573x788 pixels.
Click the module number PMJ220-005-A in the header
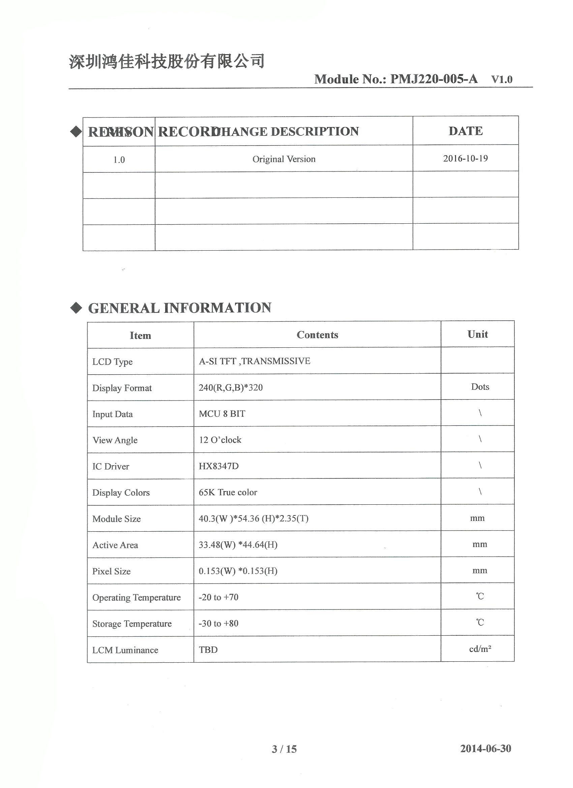point(433,79)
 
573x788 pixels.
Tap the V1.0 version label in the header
point(502,80)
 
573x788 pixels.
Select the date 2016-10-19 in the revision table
point(465,158)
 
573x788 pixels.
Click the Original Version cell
point(284,159)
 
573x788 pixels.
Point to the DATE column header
point(465,131)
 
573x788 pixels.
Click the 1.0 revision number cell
point(119,160)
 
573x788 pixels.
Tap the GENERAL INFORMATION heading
point(179,308)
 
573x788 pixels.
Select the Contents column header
point(317,335)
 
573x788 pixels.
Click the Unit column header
point(477,334)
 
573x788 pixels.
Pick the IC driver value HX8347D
point(219,466)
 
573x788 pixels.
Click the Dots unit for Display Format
point(480,387)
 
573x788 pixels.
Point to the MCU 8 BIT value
point(222,413)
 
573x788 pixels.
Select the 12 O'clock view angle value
point(220,440)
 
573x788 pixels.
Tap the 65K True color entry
point(228,492)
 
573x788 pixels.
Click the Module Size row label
point(117,519)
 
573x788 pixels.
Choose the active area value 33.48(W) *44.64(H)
point(238,544)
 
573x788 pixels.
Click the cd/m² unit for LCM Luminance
point(480,649)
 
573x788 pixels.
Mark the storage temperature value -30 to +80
point(218,623)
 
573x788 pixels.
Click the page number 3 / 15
point(284,749)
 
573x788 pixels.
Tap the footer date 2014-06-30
point(485,748)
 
